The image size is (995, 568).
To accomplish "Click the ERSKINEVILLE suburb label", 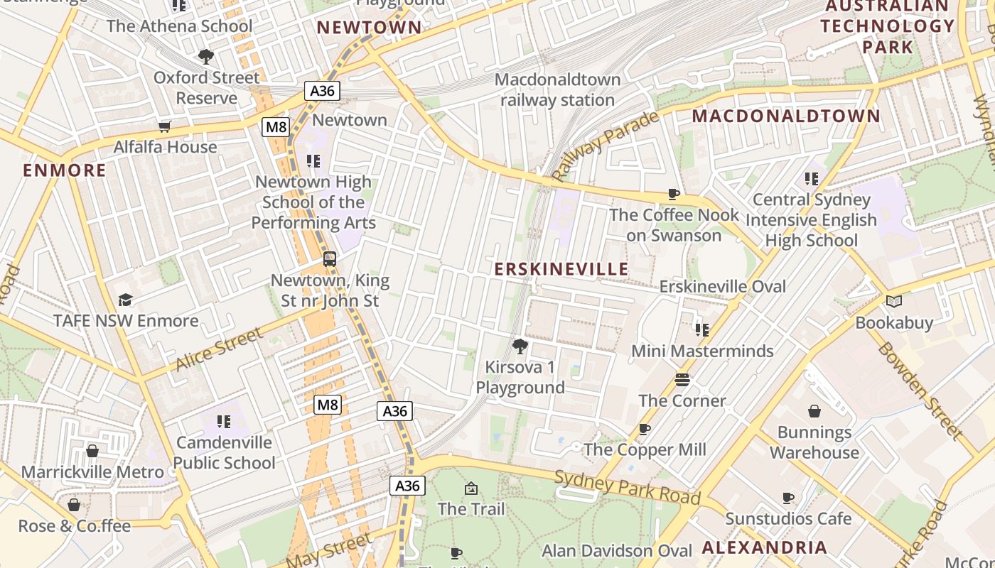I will pyautogui.click(x=561, y=269).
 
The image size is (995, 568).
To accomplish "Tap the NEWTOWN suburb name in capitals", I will pyautogui.click(x=369, y=28).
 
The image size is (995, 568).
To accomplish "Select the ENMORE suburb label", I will pyautogui.click(x=65, y=170).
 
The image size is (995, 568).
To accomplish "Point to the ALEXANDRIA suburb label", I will pyautogui.click(x=765, y=547).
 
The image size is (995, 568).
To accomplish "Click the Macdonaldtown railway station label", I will pyautogui.click(x=557, y=89).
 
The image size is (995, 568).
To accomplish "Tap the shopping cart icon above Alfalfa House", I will pyautogui.click(x=165, y=126).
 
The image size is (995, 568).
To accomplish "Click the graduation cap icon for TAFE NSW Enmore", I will pyautogui.click(x=126, y=300).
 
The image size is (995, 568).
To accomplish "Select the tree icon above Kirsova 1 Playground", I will pyautogui.click(x=520, y=346).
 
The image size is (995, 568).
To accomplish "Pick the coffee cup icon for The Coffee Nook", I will pyautogui.click(x=674, y=194).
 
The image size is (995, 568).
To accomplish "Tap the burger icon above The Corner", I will pyautogui.click(x=682, y=380).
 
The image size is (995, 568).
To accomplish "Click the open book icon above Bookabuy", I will pyautogui.click(x=894, y=301).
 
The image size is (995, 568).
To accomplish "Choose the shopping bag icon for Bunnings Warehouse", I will pyautogui.click(x=814, y=411).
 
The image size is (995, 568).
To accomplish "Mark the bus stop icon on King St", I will pyautogui.click(x=330, y=259).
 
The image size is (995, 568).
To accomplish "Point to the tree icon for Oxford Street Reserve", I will pyautogui.click(x=206, y=56).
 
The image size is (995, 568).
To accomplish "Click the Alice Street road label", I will pyautogui.click(x=219, y=349).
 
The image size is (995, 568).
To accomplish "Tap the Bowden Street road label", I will pyautogui.click(x=919, y=390).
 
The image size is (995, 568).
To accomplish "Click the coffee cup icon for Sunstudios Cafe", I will pyautogui.click(x=788, y=498).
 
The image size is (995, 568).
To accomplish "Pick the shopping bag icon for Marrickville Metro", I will pyautogui.click(x=92, y=451).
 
